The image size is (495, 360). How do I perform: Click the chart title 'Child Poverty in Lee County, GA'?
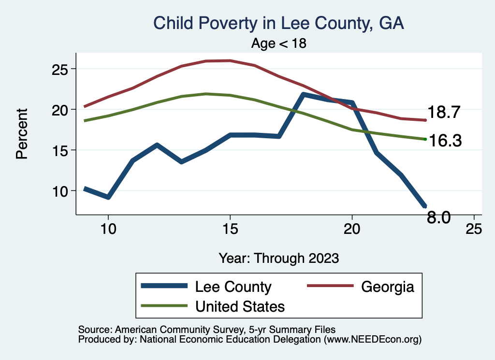[278, 23]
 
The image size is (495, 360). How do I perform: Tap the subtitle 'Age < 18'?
[279, 43]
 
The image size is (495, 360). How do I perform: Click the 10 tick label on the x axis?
[108, 229]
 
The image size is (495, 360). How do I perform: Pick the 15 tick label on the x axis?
[230, 229]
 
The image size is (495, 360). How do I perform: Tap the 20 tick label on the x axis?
[352, 229]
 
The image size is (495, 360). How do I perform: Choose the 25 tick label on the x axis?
[474, 229]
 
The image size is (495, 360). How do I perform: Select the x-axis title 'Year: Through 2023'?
[278, 258]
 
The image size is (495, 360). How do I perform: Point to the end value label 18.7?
[442, 113]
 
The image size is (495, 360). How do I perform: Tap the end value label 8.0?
[439, 218]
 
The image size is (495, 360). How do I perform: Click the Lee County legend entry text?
[233, 287]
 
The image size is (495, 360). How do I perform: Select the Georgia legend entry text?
[388, 287]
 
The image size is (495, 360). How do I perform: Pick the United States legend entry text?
[240, 306]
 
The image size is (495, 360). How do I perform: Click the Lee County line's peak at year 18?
[303, 95]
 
